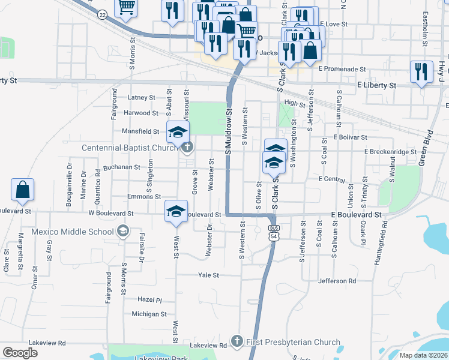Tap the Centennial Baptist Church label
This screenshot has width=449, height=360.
click(127, 147)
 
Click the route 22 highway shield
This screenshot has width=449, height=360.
click(103, 14)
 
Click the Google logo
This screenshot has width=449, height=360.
click(20, 352)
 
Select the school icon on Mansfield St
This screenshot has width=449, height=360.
click(178, 131)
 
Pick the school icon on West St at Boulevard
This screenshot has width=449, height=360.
click(176, 211)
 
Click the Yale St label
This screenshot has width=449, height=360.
click(209, 275)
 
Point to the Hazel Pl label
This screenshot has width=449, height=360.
click(150, 299)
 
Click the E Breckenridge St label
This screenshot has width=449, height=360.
click(390, 152)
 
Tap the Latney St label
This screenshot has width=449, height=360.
click(142, 97)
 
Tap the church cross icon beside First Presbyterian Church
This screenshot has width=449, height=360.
click(237, 341)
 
